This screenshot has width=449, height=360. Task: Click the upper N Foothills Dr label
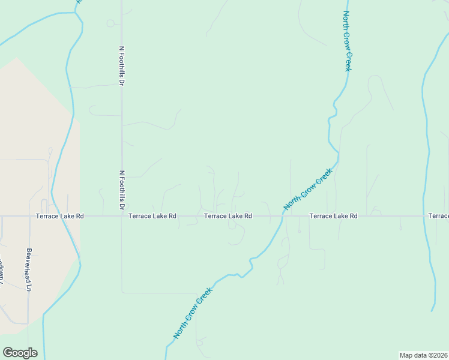coord(121,65)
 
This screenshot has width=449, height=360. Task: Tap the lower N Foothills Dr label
coord(121,190)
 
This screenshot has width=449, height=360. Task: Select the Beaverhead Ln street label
coord(28,269)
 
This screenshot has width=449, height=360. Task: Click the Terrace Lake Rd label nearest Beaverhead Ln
coord(59,215)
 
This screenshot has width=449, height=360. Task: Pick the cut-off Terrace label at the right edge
coord(438,215)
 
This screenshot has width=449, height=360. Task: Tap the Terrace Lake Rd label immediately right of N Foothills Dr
coord(152,215)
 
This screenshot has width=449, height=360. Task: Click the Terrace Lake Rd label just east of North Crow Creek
coord(333,215)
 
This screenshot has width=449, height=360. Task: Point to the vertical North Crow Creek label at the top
coord(346,41)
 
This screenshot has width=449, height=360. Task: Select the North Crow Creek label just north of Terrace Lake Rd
coord(308,190)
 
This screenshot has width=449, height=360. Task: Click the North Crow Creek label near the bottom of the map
coord(194,312)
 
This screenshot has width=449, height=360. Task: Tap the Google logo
coord(20,353)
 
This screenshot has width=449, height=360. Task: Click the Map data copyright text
coord(424,355)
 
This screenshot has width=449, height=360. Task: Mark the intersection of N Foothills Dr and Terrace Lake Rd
coord(122,216)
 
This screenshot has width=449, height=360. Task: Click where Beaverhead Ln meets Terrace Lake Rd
coord(29,216)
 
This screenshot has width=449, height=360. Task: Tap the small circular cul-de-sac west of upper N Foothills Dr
coord(110,23)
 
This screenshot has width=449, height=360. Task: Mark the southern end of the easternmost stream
coord(432,311)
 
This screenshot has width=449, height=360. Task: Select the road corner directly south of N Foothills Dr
coord(122,292)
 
